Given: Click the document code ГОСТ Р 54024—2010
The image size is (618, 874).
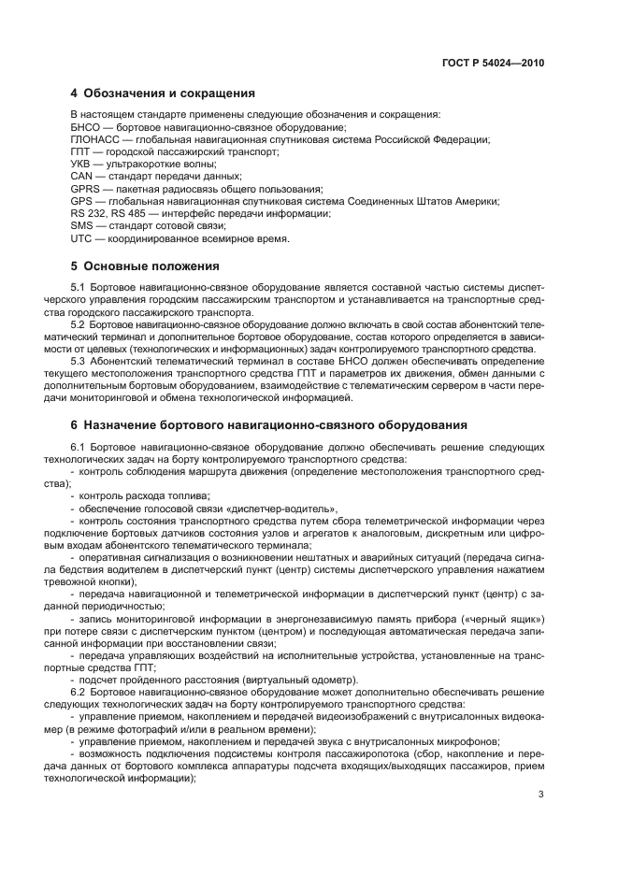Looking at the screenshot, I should tap(493, 63).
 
